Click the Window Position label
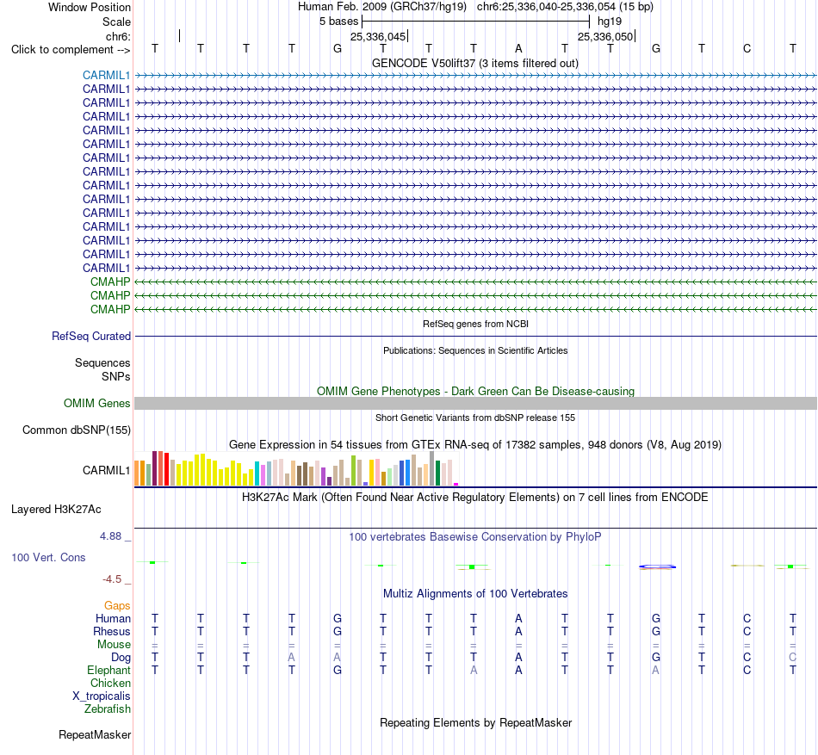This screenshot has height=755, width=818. tap(90, 7)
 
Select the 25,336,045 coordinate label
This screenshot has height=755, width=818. tap(378, 36)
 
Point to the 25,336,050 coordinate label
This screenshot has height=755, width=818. tap(605, 36)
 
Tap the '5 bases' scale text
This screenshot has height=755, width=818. tap(339, 22)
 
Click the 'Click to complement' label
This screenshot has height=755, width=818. tap(62, 50)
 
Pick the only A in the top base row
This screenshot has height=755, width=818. tap(518, 48)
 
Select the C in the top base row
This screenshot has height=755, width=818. tap(747, 48)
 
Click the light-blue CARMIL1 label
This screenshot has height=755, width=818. tap(106, 75)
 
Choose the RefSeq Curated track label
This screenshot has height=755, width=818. tap(91, 337)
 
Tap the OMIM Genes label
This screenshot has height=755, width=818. tap(97, 403)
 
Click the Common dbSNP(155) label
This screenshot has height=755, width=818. tap(77, 430)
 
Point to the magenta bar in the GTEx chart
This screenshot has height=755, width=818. tap(456, 485)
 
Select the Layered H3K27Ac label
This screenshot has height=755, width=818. tap(56, 510)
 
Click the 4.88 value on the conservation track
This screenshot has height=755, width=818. tap(110, 536)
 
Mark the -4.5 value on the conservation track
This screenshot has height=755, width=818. tap(112, 579)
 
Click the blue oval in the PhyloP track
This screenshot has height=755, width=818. tap(657, 566)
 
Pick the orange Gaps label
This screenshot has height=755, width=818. tap(117, 605)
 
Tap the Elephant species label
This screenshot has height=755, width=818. tap(108, 670)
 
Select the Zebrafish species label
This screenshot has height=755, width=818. tap(108, 709)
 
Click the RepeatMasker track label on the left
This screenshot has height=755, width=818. tap(95, 734)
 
